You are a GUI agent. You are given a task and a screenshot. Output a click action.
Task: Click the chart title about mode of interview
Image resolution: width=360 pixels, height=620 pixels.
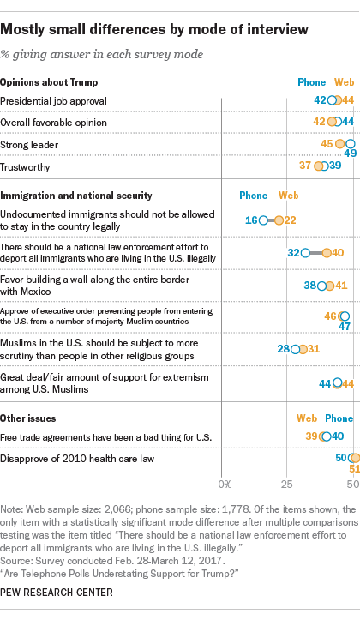[154, 29]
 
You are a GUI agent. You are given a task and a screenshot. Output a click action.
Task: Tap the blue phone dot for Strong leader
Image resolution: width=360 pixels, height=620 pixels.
[350, 144]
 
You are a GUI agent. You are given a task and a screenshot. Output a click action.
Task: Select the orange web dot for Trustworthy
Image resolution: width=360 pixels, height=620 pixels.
[319, 166]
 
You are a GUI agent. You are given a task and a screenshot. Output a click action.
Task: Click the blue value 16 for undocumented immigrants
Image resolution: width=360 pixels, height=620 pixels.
[251, 220]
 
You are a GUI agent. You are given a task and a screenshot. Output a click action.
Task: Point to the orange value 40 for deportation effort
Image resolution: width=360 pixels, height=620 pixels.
[338, 252]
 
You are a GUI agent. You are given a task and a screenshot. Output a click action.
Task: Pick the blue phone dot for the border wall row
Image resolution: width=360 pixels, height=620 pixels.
[322, 286]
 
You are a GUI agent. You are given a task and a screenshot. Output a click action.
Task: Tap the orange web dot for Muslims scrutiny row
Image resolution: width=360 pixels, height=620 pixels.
[303, 349]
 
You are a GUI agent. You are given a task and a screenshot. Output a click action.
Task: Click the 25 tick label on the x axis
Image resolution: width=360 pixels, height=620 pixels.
[286, 484]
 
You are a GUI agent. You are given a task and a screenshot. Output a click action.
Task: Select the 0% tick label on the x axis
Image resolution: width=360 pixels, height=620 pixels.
[225, 484]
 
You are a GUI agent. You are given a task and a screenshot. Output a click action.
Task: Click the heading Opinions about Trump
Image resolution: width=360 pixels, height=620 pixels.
[49, 82]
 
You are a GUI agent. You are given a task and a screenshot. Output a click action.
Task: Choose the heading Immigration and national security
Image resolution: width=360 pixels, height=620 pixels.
[76, 196]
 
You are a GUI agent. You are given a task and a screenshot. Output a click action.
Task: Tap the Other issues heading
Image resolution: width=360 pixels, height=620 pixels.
[28, 418]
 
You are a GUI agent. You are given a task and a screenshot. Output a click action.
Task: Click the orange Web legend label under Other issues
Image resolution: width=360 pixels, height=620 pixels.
[307, 418]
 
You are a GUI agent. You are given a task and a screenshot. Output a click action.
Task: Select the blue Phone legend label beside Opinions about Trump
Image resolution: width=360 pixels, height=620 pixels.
[312, 82]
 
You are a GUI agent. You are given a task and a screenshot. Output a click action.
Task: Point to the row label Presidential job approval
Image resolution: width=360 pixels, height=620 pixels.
[53, 101]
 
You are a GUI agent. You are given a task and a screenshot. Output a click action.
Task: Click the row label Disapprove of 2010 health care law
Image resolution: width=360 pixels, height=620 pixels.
[77, 459]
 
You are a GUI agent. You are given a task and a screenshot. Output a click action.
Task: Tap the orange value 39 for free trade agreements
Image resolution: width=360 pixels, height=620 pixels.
[311, 436]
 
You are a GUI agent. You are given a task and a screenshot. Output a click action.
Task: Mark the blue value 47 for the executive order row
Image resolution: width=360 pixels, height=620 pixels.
[345, 327]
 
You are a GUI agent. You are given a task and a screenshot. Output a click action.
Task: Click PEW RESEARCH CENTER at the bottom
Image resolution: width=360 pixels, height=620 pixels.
[57, 593]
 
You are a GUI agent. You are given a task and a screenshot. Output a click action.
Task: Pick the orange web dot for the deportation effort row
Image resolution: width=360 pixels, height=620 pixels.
[327, 253]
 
